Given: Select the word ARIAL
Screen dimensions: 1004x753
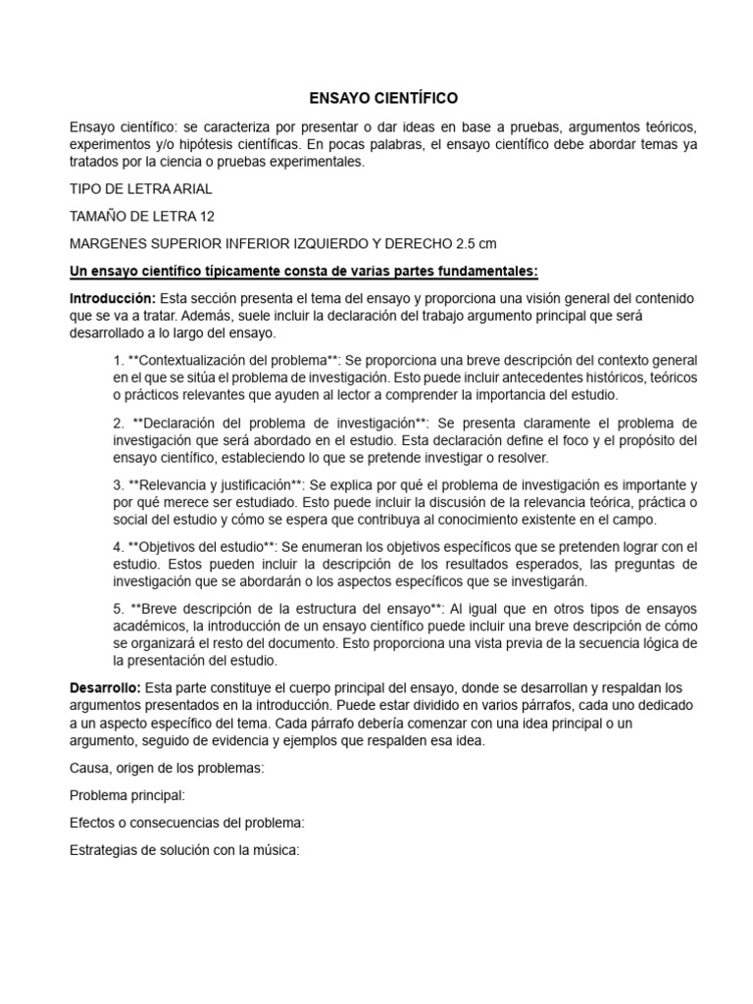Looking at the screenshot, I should (x=186, y=189).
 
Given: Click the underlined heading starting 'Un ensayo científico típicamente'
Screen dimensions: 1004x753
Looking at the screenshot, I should (x=304, y=270).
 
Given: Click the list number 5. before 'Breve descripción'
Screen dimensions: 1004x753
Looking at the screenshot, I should (x=118, y=609).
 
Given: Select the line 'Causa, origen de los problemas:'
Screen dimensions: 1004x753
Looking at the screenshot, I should (x=167, y=769).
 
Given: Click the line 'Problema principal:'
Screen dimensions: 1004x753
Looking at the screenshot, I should (x=127, y=795).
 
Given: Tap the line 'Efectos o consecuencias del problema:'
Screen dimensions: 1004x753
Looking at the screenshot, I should (x=187, y=823).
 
